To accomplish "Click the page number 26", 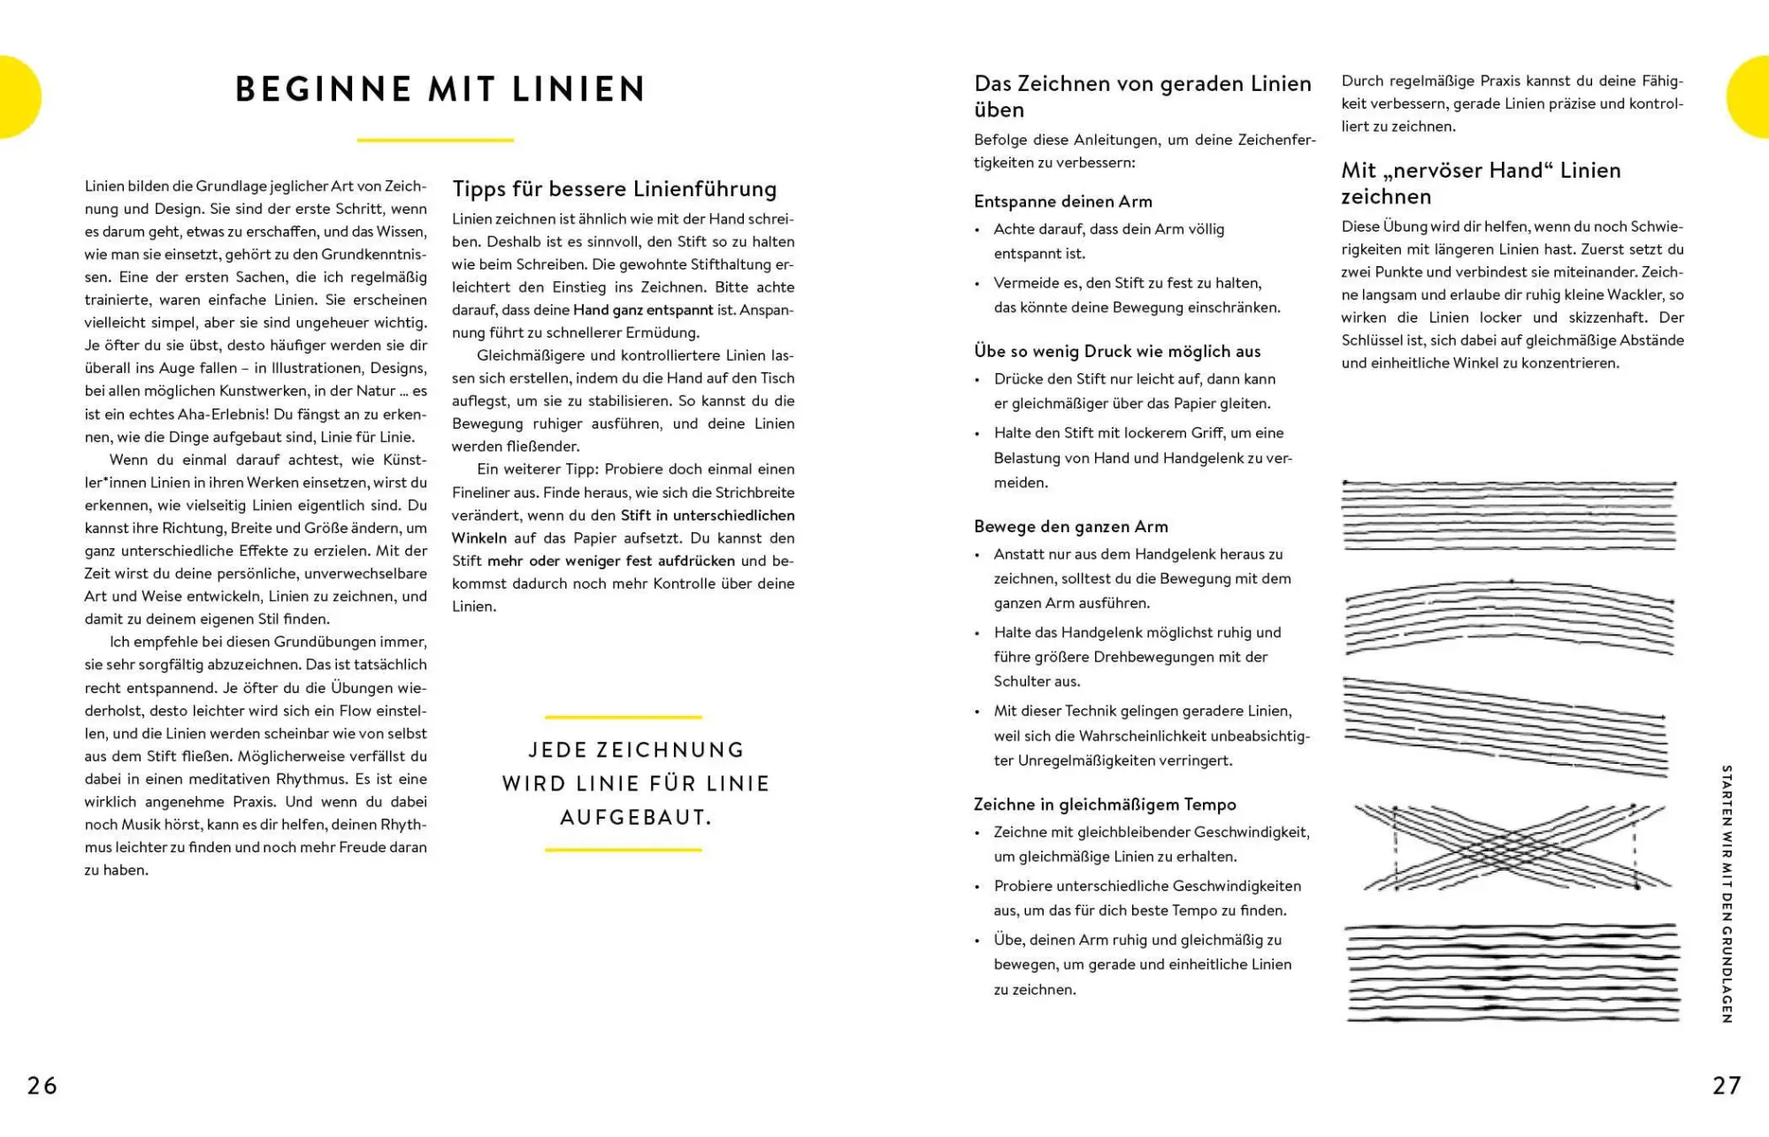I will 42,1085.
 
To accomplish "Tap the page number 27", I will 1727,1085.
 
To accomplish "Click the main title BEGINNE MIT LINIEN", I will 440,89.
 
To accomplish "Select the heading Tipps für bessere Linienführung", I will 615,189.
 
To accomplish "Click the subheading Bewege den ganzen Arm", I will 1071,527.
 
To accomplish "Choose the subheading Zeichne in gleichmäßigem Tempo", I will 1105,805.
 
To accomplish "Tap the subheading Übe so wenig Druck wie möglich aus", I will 1117,351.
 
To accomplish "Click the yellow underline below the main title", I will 435,140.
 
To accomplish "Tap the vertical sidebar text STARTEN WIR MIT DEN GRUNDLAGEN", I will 1727,893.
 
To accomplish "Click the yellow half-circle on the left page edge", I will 18,97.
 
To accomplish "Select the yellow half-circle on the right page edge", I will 1750,97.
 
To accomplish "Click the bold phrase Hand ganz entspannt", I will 643,310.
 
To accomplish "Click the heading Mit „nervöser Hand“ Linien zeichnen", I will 1481,183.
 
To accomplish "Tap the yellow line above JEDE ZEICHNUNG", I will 624,717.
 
